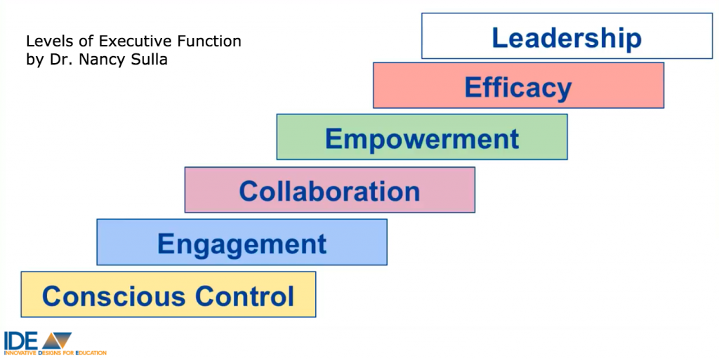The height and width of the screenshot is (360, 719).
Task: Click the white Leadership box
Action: point(567,36)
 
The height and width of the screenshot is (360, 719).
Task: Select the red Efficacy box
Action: point(518,85)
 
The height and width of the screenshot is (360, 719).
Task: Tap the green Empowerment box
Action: point(422,137)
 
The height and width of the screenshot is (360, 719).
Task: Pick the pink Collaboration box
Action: point(330,189)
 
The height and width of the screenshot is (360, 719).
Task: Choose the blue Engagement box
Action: point(242,242)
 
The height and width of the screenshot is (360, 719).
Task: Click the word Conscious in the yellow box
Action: point(114,296)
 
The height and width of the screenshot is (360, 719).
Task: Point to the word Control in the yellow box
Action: point(244,296)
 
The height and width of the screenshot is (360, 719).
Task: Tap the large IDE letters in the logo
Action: point(21,340)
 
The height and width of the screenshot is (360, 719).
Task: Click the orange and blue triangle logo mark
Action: point(57,340)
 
